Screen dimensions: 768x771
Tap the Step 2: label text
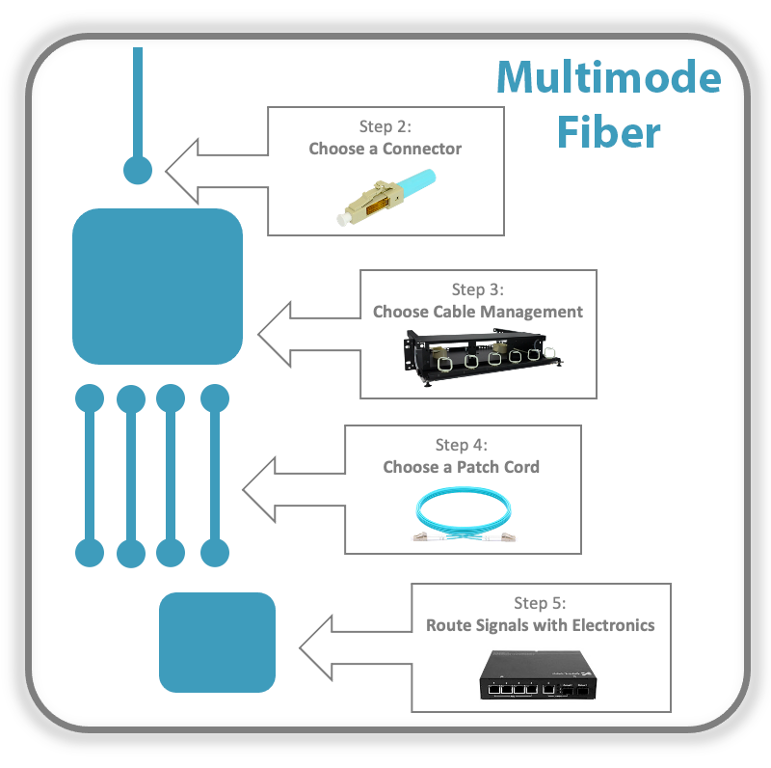click(x=385, y=126)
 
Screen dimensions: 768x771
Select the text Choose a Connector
click(x=385, y=149)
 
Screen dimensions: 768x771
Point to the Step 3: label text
click(x=478, y=289)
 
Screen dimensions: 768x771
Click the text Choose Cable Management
click(x=478, y=312)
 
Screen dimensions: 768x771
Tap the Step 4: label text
click(x=462, y=445)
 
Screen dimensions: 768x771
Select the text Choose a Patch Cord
click(x=462, y=467)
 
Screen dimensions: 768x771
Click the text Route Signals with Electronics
click(x=540, y=625)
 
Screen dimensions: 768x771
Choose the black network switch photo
click(x=540, y=675)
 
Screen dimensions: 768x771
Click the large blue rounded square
click(x=157, y=286)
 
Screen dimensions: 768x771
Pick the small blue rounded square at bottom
click(x=217, y=642)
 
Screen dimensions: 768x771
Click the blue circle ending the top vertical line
click(x=138, y=171)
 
